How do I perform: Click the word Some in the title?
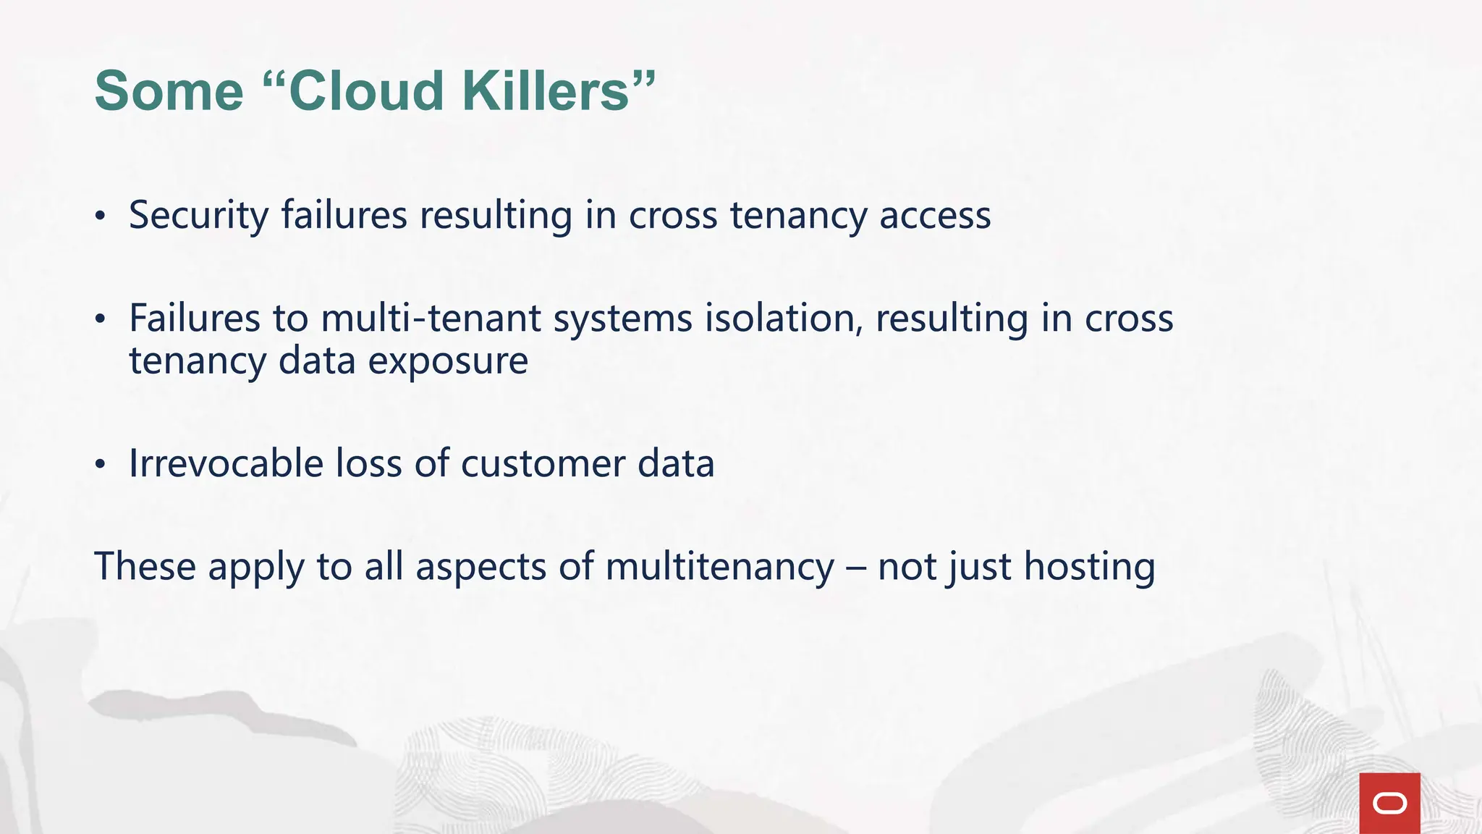coord(169,91)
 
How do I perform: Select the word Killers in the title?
coord(546,91)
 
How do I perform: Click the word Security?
coord(198,216)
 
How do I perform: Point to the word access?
coord(935,216)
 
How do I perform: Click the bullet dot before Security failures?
coord(101,216)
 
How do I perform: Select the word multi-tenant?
coord(431,319)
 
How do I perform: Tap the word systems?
coord(623,319)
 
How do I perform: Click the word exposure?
coord(448,361)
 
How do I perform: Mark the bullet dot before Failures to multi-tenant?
coord(101,319)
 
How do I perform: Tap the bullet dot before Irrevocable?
coord(101,464)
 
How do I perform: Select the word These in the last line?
coord(145,566)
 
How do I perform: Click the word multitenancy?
coord(720,566)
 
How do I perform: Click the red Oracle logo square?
coord(1389,803)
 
